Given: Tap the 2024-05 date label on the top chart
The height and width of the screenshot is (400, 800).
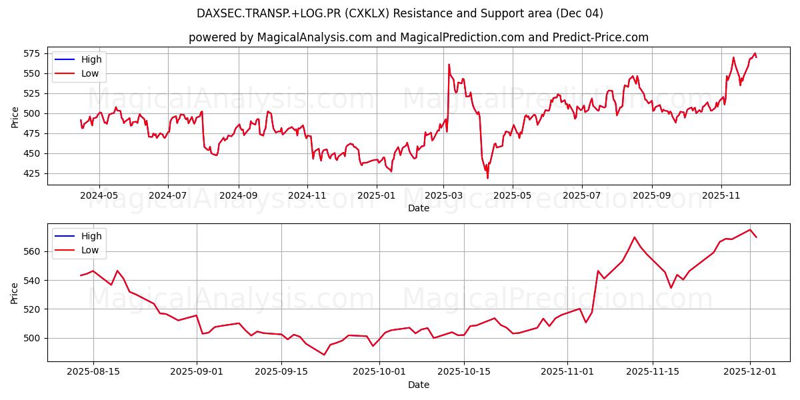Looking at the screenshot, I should pos(99,197).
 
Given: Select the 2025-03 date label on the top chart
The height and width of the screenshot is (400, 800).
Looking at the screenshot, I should pos(443,197).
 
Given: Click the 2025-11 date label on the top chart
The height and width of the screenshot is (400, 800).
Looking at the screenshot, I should pos(721,197).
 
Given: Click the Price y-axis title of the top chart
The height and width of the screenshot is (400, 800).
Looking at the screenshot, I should pos(15,116).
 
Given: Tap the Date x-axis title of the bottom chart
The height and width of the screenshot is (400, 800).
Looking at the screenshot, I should pos(419,385).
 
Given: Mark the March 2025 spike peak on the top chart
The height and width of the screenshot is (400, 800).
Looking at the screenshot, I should pos(449,65).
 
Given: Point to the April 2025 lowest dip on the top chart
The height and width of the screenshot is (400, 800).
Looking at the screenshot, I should pos(487,177).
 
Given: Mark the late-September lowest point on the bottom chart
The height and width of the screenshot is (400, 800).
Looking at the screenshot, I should pos(324,355).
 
